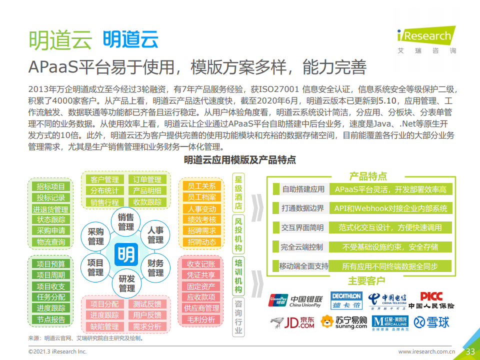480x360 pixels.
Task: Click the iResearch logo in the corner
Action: click(426, 40)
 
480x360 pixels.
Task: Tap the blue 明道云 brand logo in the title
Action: click(130, 39)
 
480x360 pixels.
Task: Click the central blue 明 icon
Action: click(126, 254)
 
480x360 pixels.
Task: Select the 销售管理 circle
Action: click(126, 222)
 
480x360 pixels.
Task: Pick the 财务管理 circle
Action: click(155, 268)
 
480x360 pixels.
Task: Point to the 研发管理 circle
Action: click(126, 283)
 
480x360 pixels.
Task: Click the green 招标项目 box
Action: click(51, 186)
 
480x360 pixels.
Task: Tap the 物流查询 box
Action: click(51, 242)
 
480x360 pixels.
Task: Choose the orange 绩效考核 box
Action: click(201, 219)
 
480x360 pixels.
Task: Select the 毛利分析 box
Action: click(201, 319)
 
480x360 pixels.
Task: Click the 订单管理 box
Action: click(147, 179)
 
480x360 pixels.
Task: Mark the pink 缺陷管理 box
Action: click(104, 326)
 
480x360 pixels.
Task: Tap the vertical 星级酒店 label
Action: click(238, 192)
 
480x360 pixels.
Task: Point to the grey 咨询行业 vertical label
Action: click(238, 317)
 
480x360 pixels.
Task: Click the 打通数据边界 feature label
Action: click(303, 208)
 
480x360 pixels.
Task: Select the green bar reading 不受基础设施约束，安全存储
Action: click(390, 247)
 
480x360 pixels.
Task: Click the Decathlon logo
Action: click(346, 300)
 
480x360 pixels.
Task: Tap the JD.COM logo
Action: click(292, 322)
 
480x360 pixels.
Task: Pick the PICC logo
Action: click(431, 300)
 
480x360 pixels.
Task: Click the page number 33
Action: click(470, 351)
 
